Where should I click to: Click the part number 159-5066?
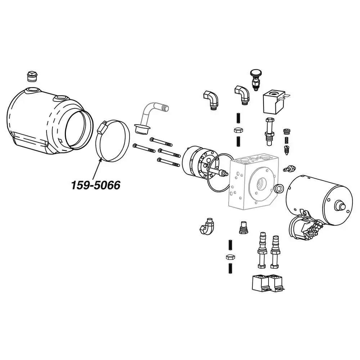coord(96,185)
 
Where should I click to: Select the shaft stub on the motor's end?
coord(339,205)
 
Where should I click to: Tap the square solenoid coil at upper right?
coord(275,102)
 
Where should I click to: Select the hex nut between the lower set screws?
coord(230,257)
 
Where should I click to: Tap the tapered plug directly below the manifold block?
coord(243,228)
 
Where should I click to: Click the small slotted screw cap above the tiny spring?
coord(287,131)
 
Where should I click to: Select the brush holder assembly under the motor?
coord(306,226)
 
